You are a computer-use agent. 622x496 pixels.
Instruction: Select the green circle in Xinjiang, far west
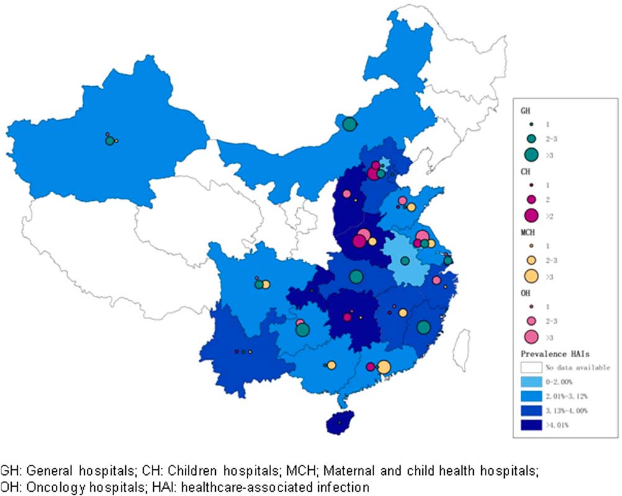(110, 141)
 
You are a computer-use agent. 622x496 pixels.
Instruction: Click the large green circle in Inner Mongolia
(349, 124)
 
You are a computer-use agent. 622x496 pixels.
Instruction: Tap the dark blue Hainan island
(339, 422)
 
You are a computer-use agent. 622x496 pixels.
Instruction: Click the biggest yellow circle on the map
(384, 367)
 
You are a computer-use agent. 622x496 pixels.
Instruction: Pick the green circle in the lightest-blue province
(405, 261)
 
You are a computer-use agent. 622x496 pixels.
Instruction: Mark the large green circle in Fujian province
(424, 327)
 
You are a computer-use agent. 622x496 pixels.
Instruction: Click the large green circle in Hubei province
(356, 277)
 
